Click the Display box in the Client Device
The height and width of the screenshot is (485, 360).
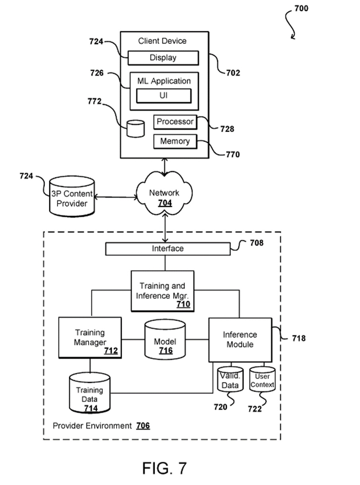(x=163, y=58)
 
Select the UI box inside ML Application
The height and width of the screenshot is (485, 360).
(x=163, y=95)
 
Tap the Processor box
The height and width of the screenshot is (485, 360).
(x=175, y=122)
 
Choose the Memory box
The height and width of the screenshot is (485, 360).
(x=175, y=141)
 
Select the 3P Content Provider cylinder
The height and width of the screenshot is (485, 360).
(x=72, y=198)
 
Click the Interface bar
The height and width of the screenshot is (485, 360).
(x=167, y=249)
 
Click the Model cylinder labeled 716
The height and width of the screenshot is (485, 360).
(x=165, y=340)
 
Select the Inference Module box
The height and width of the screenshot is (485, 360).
(x=240, y=339)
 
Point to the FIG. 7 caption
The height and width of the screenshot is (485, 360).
(x=164, y=468)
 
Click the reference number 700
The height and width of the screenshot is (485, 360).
(x=301, y=8)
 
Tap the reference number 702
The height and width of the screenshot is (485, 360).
(x=233, y=73)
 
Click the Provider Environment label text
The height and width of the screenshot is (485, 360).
(x=92, y=426)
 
